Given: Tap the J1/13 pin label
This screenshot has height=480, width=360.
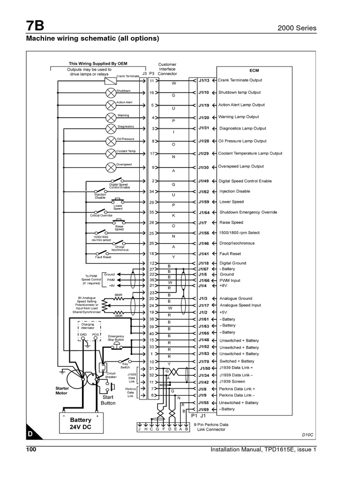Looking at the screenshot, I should (x=203, y=81).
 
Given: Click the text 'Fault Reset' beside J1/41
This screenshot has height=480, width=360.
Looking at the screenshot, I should (x=230, y=253).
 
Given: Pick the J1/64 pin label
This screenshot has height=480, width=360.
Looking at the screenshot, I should (x=203, y=212).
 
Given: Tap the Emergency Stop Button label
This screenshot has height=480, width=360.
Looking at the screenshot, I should (x=116, y=338).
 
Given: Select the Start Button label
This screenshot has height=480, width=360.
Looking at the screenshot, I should (x=108, y=400).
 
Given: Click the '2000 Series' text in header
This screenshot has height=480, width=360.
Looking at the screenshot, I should (x=297, y=28).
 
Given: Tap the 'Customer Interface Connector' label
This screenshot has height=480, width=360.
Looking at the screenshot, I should (x=167, y=69).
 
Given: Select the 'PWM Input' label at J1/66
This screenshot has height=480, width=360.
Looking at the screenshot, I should (x=230, y=280).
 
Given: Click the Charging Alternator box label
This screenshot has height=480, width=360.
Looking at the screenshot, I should (x=88, y=326).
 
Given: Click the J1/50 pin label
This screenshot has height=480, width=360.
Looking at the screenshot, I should (x=203, y=369).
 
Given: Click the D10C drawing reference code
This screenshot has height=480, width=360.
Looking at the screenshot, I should (x=306, y=435).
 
